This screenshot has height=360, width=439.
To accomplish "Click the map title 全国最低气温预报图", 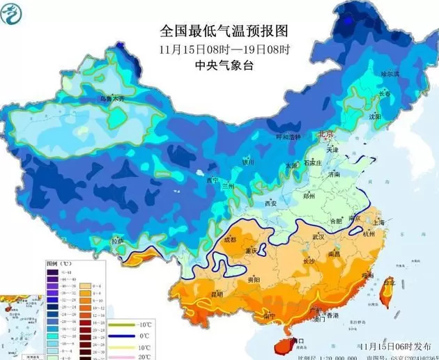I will pos(224,31).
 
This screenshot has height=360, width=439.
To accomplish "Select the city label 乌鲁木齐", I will pos(114,99).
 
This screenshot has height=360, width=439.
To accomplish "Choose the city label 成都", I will pos(229,240).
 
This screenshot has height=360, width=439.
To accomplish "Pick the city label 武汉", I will pos(320,237).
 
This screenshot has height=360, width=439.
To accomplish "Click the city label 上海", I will pos(379,222).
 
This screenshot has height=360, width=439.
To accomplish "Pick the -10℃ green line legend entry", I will pos(123,324).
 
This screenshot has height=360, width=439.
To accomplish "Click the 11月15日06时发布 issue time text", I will pos(391,345).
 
